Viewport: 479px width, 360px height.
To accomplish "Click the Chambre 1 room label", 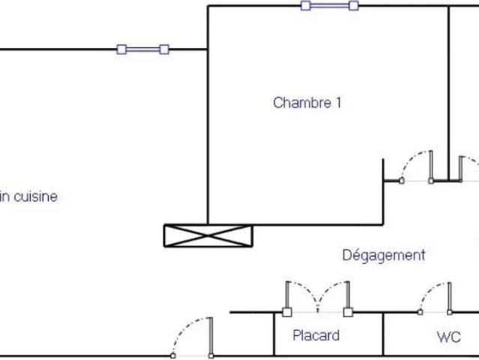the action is [307, 103].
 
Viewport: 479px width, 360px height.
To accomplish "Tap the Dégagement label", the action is [384, 256].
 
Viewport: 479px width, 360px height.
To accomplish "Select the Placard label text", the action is [316, 335].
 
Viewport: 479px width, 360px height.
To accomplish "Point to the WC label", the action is [449, 337].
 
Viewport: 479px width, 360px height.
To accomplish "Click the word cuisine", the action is [36, 196].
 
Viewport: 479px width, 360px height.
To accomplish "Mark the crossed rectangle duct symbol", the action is [208, 235].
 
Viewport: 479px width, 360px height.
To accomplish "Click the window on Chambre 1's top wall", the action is [330, 6].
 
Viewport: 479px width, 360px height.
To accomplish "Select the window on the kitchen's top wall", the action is [143, 49].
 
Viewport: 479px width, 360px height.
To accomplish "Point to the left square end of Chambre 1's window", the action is [306, 6].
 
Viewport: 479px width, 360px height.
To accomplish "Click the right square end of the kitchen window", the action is [164, 49].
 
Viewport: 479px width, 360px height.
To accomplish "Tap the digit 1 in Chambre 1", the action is [339, 103].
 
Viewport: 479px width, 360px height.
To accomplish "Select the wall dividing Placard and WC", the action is [383, 334].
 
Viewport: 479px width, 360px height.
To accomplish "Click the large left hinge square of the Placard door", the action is [287, 312].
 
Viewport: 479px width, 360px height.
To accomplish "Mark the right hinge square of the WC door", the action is [450, 312].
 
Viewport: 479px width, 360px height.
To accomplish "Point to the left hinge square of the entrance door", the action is [173, 355].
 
